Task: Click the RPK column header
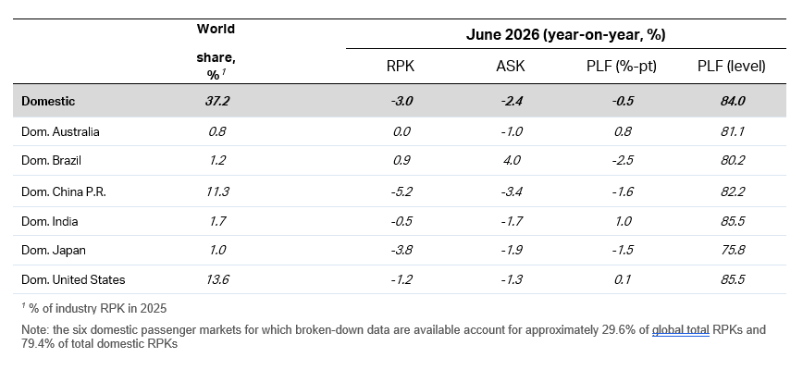(401, 66)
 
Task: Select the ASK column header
(511, 66)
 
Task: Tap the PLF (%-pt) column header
(622, 66)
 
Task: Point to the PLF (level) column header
(731, 66)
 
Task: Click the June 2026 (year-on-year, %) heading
(566, 35)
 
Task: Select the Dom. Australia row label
(60, 131)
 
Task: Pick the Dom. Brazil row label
(51, 160)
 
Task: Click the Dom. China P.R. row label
(64, 191)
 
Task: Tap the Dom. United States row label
(73, 279)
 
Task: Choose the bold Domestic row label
(48, 101)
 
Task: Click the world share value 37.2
(217, 101)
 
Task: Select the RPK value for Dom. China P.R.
(401, 191)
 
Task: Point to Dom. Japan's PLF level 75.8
(733, 251)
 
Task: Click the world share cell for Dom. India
(217, 222)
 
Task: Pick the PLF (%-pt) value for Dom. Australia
(623, 131)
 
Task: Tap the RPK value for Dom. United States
(401, 279)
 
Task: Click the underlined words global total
(681, 330)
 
